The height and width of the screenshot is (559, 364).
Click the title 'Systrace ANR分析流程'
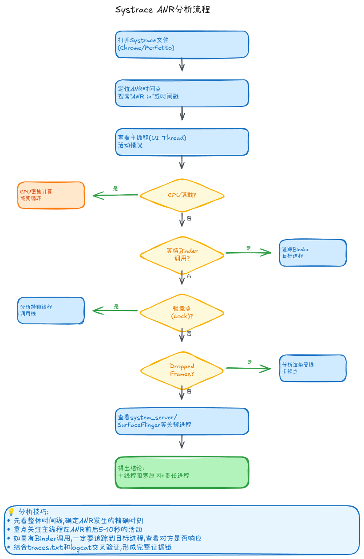tap(162, 10)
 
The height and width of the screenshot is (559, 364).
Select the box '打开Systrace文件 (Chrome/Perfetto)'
tap(182, 44)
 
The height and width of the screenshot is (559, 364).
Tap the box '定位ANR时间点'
tap(182, 93)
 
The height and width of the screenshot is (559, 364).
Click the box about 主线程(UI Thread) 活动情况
tap(182, 142)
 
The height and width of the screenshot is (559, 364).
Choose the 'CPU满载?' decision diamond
tap(182, 195)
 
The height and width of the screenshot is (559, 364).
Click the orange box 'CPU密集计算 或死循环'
tap(51, 195)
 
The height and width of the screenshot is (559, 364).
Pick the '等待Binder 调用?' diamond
tap(182, 255)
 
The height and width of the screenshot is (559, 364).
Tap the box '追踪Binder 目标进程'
tap(313, 252)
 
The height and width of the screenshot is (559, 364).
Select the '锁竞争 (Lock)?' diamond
tap(182, 312)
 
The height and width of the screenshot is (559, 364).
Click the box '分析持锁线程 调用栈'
tap(51, 311)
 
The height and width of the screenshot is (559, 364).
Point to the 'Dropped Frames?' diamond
tap(182, 370)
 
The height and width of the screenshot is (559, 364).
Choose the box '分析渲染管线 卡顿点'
tap(313, 368)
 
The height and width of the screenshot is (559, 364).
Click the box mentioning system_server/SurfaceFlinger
tap(182, 421)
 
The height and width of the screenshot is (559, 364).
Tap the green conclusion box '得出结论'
tap(182, 472)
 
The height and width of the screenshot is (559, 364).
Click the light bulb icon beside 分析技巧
tap(11, 512)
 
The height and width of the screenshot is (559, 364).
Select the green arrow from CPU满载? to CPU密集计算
tap(115, 195)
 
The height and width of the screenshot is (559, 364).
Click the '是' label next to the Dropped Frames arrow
tap(250, 362)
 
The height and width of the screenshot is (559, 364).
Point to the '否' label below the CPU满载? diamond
tap(189, 218)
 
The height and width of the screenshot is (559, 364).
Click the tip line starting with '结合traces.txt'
tap(92, 547)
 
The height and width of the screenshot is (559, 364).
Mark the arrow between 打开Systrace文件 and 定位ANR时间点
tap(182, 64)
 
